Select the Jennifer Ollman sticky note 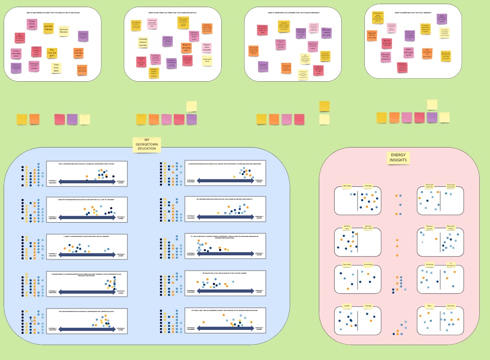coord(48,27)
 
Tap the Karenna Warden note coord(64,32)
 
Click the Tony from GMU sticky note coord(56,67)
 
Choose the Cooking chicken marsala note coord(144,42)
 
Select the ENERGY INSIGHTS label coord(398,158)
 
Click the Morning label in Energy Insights coord(346,186)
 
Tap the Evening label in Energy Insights coord(367,186)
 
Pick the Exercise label coord(451,306)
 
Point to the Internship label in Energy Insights coord(367,265)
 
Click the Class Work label coord(346,265)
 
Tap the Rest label coord(430,306)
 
